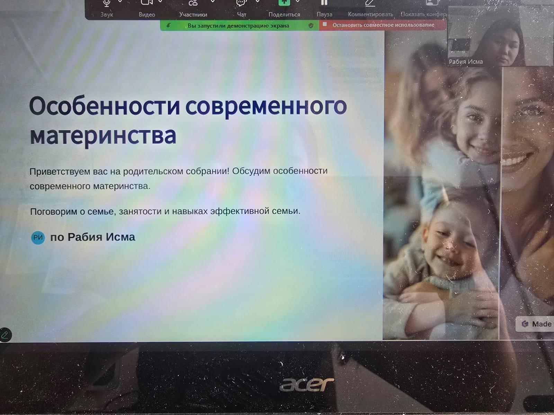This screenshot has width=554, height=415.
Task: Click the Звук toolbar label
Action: [x=107, y=15]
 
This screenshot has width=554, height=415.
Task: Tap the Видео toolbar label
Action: [x=147, y=15]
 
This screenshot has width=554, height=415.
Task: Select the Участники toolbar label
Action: [x=193, y=15]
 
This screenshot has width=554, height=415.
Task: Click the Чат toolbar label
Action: [x=242, y=15]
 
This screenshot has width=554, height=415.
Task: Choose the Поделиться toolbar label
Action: [x=284, y=15]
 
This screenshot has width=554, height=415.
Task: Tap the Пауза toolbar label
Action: [x=324, y=15]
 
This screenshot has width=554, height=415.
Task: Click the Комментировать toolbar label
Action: [x=370, y=15]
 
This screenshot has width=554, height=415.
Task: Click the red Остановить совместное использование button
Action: [x=383, y=25]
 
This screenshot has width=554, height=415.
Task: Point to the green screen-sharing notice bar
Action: [x=239, y=26]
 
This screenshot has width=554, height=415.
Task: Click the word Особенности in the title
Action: [x=105, y=106]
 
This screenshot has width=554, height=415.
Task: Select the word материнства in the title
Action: [x=103, y=136]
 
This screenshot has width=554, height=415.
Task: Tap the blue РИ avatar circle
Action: [x=38, y=237]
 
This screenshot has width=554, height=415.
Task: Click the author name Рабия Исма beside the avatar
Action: [x=101, y=237]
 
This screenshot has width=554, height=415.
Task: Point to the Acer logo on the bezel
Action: [x=307, y=384]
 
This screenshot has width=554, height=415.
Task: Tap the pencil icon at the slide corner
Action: [x=5, y=335]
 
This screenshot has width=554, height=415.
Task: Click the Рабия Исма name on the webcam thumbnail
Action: [x=466, y=62]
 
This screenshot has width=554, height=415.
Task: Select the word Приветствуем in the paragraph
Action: [x=60, y=172]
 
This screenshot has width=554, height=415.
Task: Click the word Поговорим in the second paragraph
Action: [x=54, y=212]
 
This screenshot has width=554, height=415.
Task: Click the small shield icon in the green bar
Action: [x=311, y=26]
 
